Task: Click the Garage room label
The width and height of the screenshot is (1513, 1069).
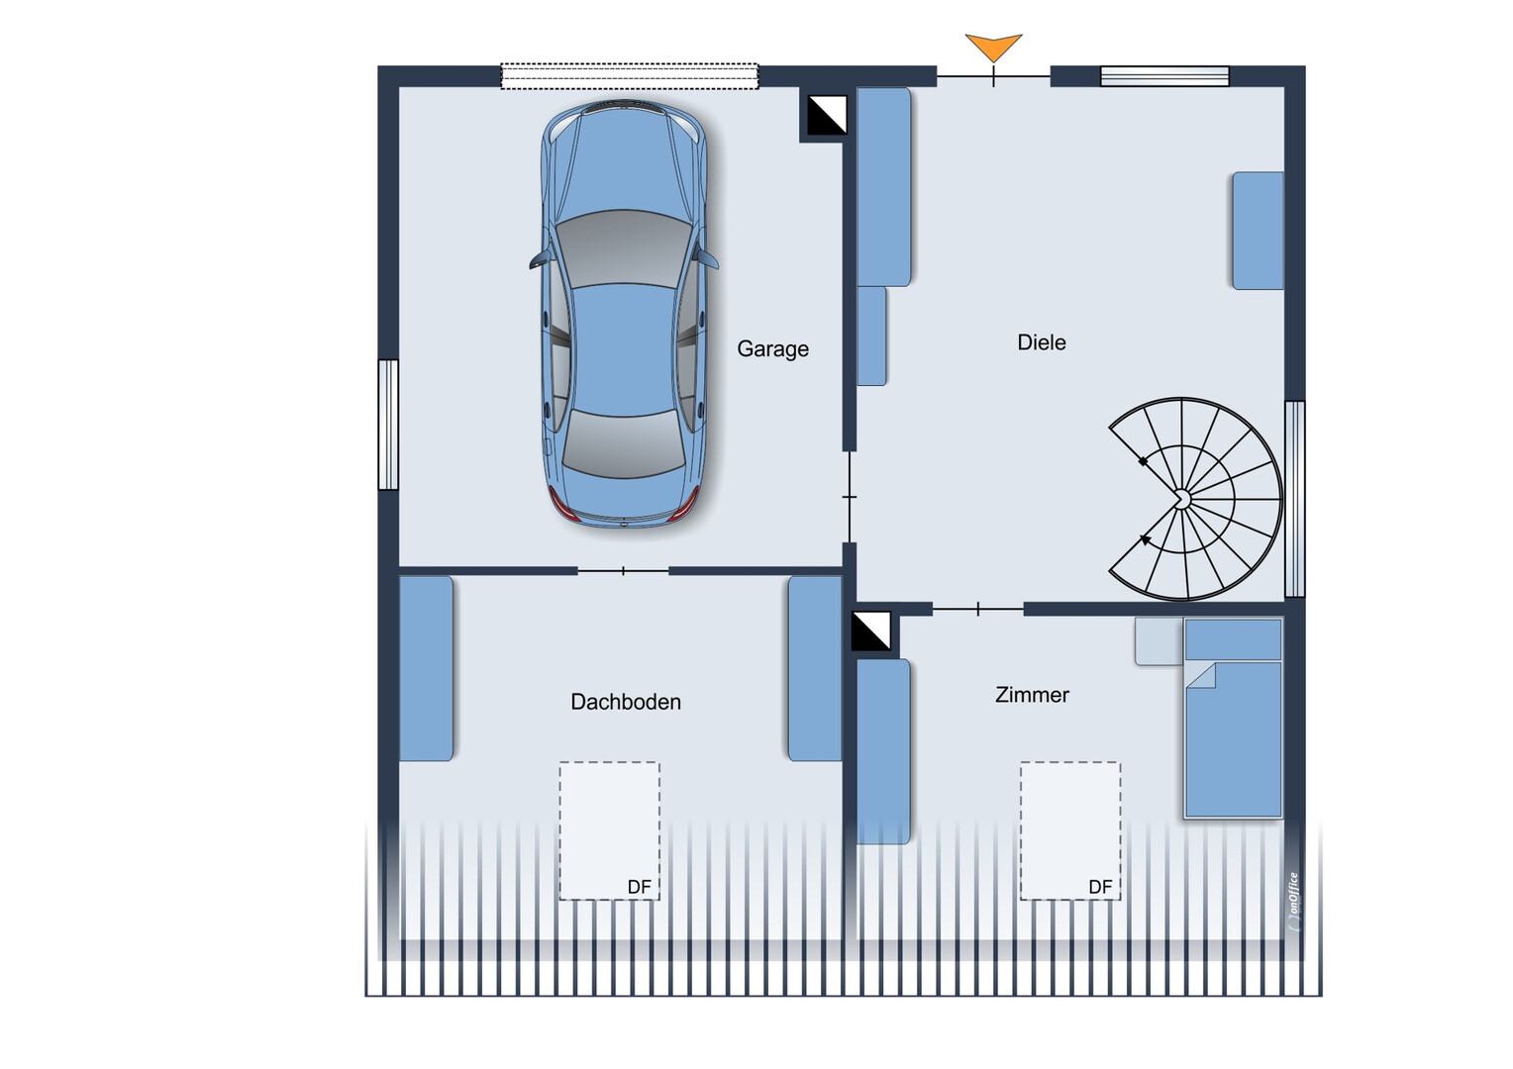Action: pos(772,349)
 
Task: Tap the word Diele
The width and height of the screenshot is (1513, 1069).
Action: pos(1042,342)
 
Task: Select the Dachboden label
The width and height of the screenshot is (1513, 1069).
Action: pos(626,703)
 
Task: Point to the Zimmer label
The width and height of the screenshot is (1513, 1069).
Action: pos(1032,695)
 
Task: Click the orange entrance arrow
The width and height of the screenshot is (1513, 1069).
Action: pos(993,46)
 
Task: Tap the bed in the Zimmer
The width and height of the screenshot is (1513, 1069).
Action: pos(1234,719)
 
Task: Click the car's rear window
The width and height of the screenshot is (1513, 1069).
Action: pos(624,442)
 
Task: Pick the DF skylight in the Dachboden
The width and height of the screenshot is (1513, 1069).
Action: pos(609,830)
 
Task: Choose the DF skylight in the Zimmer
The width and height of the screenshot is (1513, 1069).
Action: pos(1070,830)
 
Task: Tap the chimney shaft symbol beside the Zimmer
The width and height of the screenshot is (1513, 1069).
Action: pos(870,631)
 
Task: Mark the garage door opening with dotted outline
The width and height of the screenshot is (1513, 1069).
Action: pos(630,76)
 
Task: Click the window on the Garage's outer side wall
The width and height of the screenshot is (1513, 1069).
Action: pos(388,424)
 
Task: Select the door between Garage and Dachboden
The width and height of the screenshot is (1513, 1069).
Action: pos(623,571)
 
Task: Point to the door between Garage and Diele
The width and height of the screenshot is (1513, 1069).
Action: pos(849,497)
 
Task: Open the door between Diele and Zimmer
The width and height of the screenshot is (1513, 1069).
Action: pos(978,609)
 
